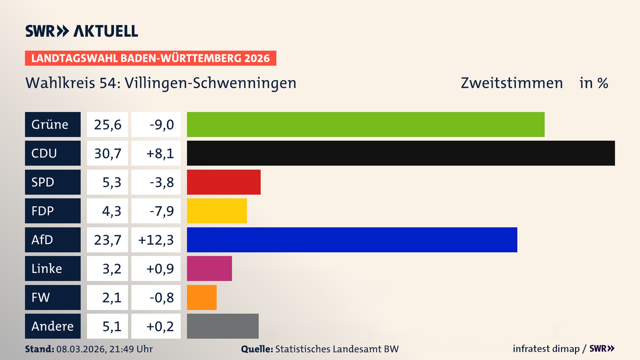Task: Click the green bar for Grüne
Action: coord(365,124)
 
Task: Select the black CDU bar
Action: coord(401,153)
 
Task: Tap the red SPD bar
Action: coord(224,182)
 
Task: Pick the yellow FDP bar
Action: coord(217,211)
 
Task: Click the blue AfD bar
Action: coord(352,240)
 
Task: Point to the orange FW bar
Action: coord(202,297)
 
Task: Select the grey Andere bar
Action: coord(223,326)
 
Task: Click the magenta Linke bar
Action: coord(209,268)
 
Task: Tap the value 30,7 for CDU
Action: coord(107,153)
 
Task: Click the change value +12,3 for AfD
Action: coord(156,240)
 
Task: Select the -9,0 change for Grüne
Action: coord(162,125)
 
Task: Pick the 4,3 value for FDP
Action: coord(111,211)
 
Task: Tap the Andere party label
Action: coord(53,326)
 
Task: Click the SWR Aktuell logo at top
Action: coord(82,31)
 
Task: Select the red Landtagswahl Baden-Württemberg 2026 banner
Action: coord(150,58)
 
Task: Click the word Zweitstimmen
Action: coord(512,83)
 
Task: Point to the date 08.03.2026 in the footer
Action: coord(81,349)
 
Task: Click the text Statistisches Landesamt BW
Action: coord(337,349)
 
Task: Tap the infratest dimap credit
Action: coord(546,349)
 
